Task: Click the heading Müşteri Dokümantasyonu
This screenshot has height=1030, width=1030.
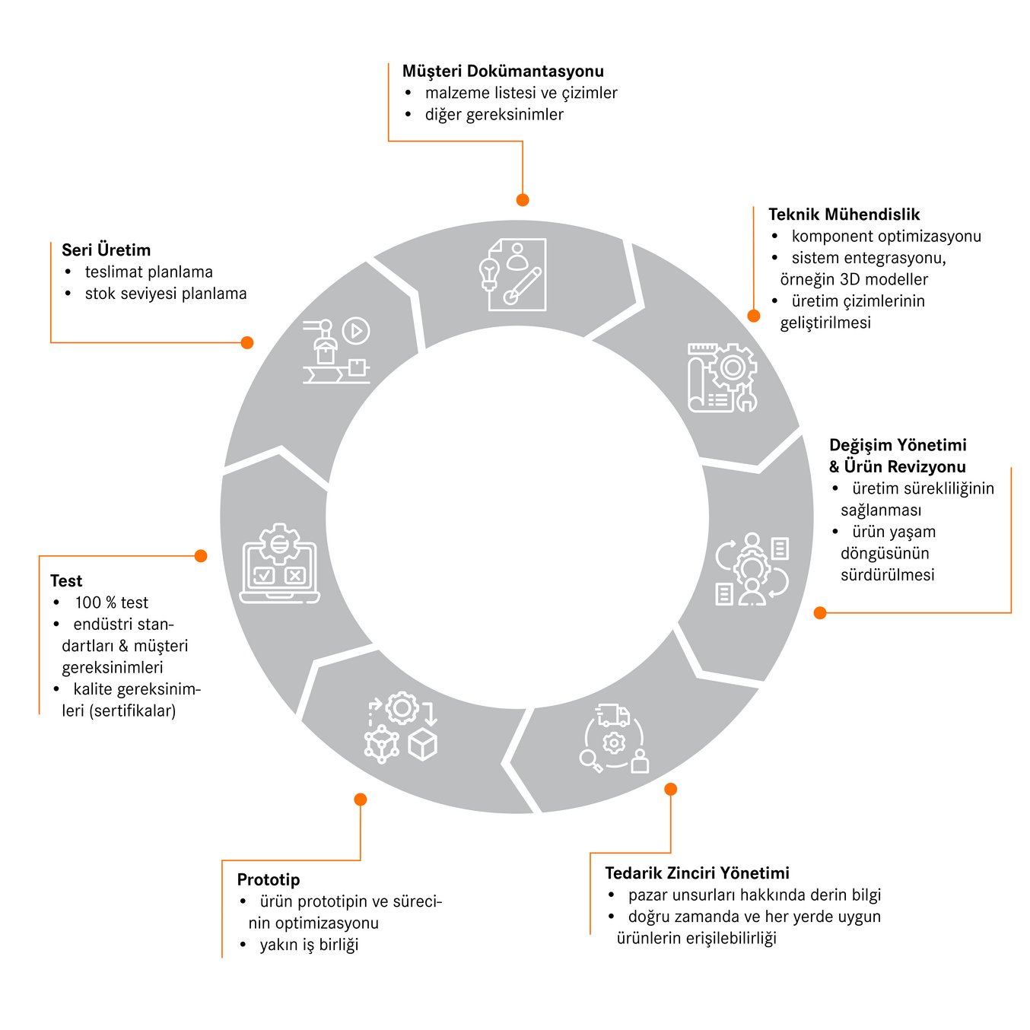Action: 503,71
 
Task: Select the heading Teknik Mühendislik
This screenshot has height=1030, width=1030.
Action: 844,215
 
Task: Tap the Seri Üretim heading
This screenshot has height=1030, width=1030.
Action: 106,250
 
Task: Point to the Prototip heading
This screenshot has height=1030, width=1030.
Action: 268,879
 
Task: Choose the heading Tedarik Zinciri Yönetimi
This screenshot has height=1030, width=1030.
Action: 697,873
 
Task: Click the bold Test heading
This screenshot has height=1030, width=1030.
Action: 66,581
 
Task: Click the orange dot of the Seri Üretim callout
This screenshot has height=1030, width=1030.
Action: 246,342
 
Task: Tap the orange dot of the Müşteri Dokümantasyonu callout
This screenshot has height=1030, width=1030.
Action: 523,200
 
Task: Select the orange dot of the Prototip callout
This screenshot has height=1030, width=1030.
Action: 361,800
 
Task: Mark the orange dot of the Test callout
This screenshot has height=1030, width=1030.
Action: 201,556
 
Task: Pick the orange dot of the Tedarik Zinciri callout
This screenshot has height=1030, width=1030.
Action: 670,789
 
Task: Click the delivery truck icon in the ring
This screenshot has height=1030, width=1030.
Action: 613,715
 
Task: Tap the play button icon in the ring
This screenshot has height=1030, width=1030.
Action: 355,331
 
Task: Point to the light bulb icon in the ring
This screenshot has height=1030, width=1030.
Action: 488,272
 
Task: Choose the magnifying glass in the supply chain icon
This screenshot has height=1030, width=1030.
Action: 590,759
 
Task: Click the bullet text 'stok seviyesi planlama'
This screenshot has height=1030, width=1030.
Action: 165,294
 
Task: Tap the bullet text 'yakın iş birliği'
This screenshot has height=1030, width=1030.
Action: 309,945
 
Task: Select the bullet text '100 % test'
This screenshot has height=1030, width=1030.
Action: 111,602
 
